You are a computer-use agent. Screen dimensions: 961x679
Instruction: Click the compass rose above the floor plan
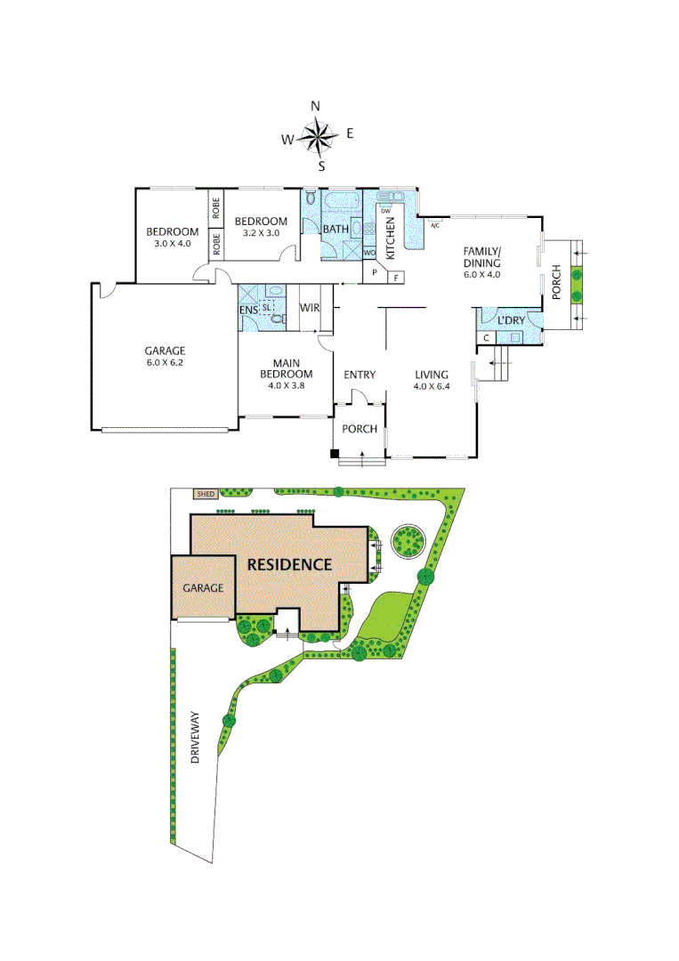pos(317,136)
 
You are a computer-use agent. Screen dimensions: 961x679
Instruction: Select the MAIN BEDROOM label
pos(286,367)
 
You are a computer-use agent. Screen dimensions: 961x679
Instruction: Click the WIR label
pos(310,308)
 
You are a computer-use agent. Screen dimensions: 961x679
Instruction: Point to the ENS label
pos(248,310)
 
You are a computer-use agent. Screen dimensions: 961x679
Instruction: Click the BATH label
pos(335,230)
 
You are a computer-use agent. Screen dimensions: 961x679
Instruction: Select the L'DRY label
pos(511,320)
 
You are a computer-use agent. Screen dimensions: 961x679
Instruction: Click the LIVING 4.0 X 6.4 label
pos(431,380)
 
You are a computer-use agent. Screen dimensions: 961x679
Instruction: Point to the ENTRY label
pos(360,375)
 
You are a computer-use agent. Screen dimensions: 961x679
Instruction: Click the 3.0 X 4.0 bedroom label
pos(173,237)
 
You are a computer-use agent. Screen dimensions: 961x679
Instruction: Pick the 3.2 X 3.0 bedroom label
pos(261,227)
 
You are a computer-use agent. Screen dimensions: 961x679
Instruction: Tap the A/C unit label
pos(435,226)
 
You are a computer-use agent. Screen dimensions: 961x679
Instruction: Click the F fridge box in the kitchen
pos(396,278)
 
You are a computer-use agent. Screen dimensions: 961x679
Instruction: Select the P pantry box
pos(375,272)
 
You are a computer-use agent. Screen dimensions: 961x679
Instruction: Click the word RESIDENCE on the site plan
pos(289,564)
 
